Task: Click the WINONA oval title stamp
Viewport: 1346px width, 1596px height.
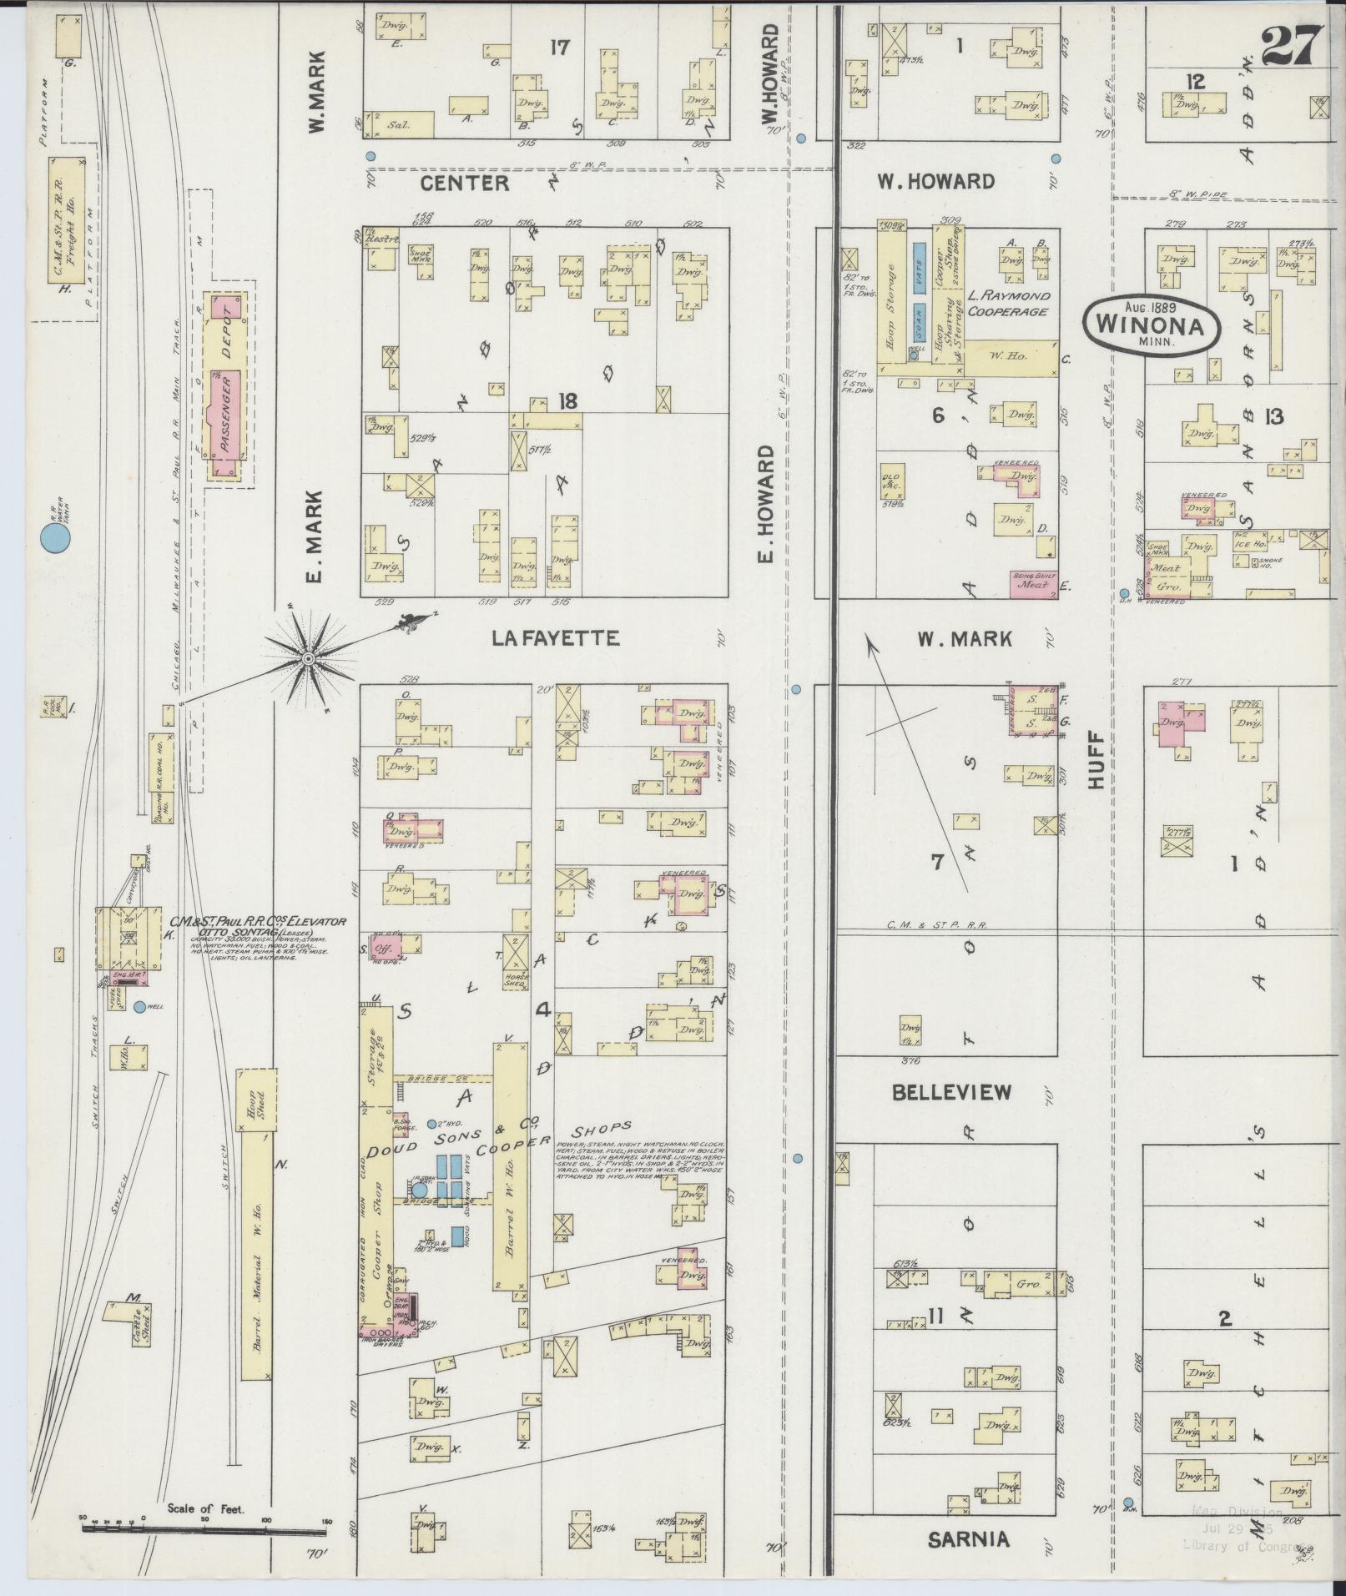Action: click(1152, 325)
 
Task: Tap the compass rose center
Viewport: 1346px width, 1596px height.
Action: click(308, 659)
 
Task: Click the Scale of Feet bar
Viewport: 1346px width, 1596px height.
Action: click(204, 1531)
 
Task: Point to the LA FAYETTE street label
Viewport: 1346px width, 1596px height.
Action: click(555, 638)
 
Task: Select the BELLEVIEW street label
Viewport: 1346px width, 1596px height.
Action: click(951, 1091)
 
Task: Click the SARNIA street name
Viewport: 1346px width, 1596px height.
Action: click(968, 1539)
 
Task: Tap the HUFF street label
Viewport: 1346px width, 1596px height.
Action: click(1096, 759)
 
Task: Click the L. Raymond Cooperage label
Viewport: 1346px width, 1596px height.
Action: click(1008, 303)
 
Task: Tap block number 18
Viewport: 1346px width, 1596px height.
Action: click(568, 401)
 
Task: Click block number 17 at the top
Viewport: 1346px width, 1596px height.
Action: click(559, 48)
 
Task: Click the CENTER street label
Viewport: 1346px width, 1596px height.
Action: click(464, 182)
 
